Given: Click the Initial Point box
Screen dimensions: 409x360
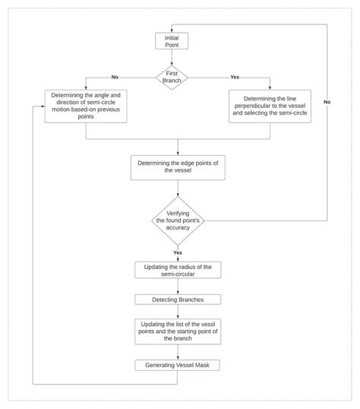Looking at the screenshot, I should point(171,41).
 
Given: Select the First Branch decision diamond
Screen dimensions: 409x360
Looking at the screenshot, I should point(171,77).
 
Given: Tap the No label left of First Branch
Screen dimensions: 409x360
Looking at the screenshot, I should point(115,77).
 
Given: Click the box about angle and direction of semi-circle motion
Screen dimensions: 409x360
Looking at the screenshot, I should point(86,106).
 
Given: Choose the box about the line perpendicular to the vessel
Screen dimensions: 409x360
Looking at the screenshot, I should point(271,106).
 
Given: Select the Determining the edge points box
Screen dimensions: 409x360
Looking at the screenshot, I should point(177,166).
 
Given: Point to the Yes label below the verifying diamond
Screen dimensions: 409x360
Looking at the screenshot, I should point(177,252).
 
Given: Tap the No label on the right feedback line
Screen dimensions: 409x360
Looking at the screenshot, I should point(327,101).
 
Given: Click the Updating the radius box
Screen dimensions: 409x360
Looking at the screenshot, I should point(177,270).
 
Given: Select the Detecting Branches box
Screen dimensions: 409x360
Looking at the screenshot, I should point(177,300).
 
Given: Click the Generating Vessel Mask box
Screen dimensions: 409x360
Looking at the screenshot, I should point(177,366).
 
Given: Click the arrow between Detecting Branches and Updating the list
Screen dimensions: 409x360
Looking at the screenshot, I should point(177,311).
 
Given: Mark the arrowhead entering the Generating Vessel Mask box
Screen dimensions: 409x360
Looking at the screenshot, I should point(177,357).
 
